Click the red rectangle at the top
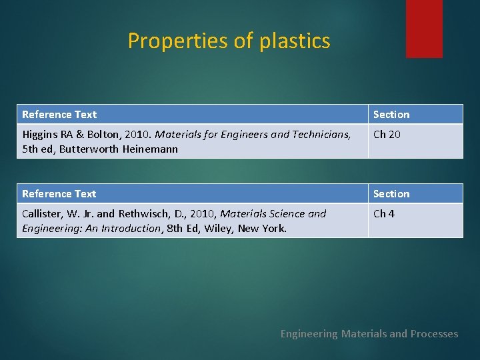coord(424,28)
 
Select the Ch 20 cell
coord(387,135)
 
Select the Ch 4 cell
coord(383,214)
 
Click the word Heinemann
coord(150,149)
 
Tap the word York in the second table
coord(274,229)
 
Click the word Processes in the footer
coord(433,334)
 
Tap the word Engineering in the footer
coord(309,334)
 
